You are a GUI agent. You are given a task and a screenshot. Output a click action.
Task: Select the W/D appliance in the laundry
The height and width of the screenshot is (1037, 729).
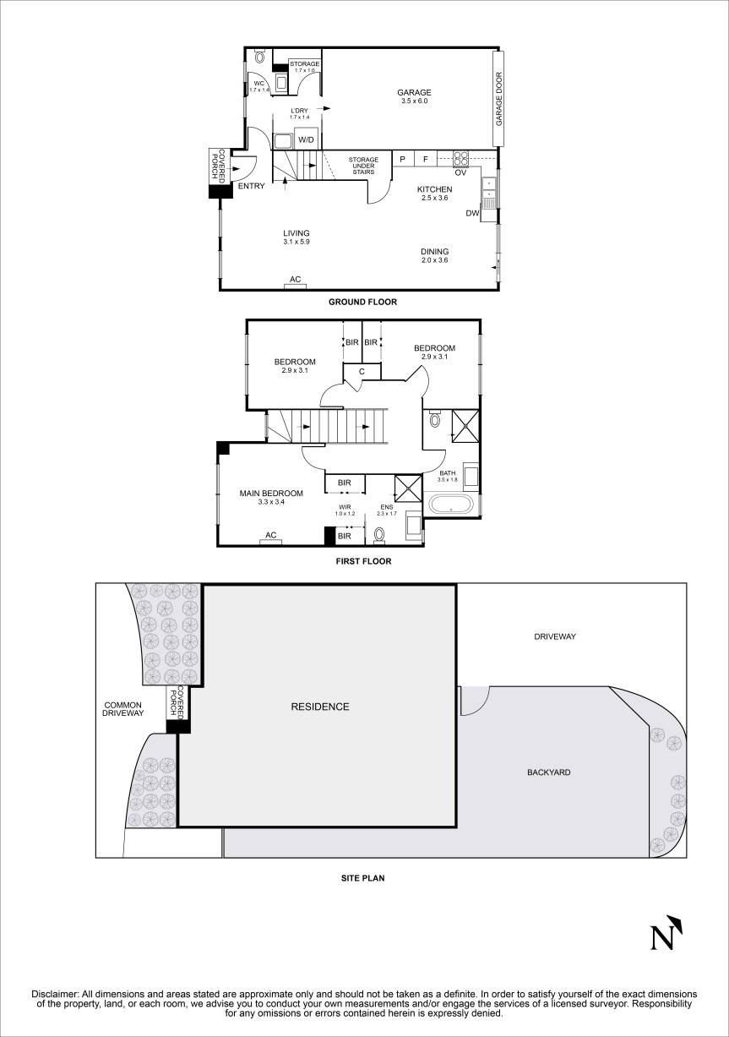point(306,139)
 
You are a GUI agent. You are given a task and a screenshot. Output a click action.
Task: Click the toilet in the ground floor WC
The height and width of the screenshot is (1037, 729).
point(259,58)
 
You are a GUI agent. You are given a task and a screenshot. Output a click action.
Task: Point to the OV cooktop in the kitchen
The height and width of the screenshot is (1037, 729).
point(460,156)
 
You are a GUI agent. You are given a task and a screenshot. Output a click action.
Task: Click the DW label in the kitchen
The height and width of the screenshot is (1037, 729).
point(471,213)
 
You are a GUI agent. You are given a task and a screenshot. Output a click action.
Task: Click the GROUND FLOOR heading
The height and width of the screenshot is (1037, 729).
point(362,302)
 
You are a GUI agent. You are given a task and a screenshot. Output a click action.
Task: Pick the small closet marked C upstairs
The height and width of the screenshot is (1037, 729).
point(362,371)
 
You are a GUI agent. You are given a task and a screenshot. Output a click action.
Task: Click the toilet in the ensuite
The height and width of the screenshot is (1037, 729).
point(379,534)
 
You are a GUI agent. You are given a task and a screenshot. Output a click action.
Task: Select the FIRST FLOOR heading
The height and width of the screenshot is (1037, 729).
point(362,560)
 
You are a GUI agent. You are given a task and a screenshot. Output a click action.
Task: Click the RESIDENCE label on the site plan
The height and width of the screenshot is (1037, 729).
point(319,707)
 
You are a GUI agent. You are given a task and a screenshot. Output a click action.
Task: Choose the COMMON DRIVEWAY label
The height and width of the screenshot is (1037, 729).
point(123,709)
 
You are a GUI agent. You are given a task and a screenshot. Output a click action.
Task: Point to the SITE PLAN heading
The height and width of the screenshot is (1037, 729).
point(362,878)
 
